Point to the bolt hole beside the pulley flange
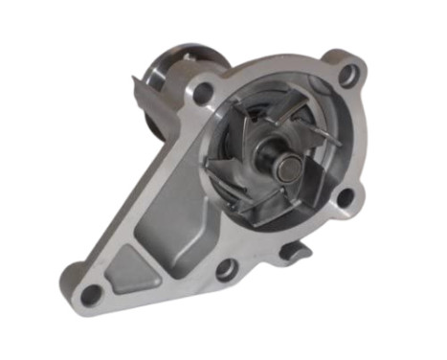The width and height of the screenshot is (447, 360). coord(204,93)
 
